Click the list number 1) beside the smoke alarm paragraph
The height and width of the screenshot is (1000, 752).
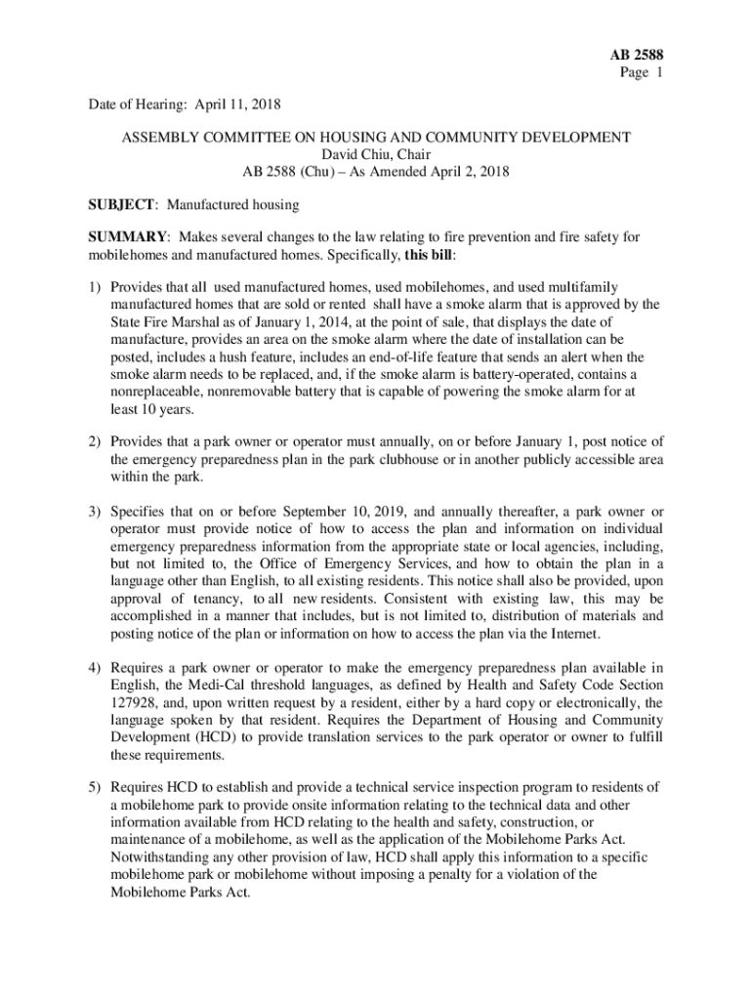pos(95,287)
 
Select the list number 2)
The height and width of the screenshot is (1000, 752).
pos(95,442)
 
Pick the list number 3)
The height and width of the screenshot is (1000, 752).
pos(95,513)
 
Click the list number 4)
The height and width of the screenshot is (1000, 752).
pos(95,667)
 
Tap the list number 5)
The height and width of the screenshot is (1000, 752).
pos(95,786)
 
